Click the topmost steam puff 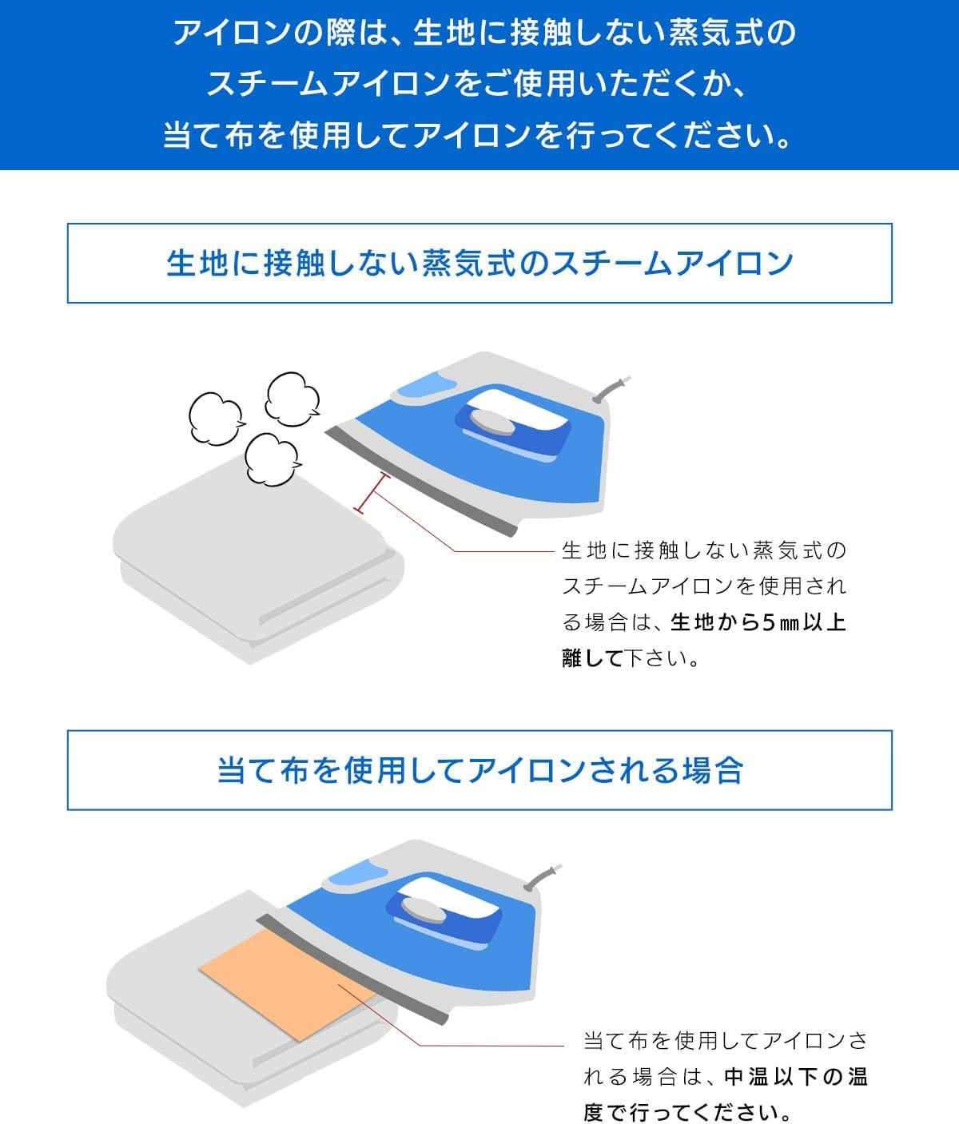[292, 399]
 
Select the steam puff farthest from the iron [217, 419]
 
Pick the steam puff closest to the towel [273, 459]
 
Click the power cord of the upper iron [611, 389]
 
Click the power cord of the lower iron [543, 876]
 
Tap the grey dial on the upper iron [491, 422]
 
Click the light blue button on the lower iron [359, 874]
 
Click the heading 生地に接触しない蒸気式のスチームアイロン [479, 263]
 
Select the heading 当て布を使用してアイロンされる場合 [479, 770]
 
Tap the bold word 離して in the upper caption [592, 658]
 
